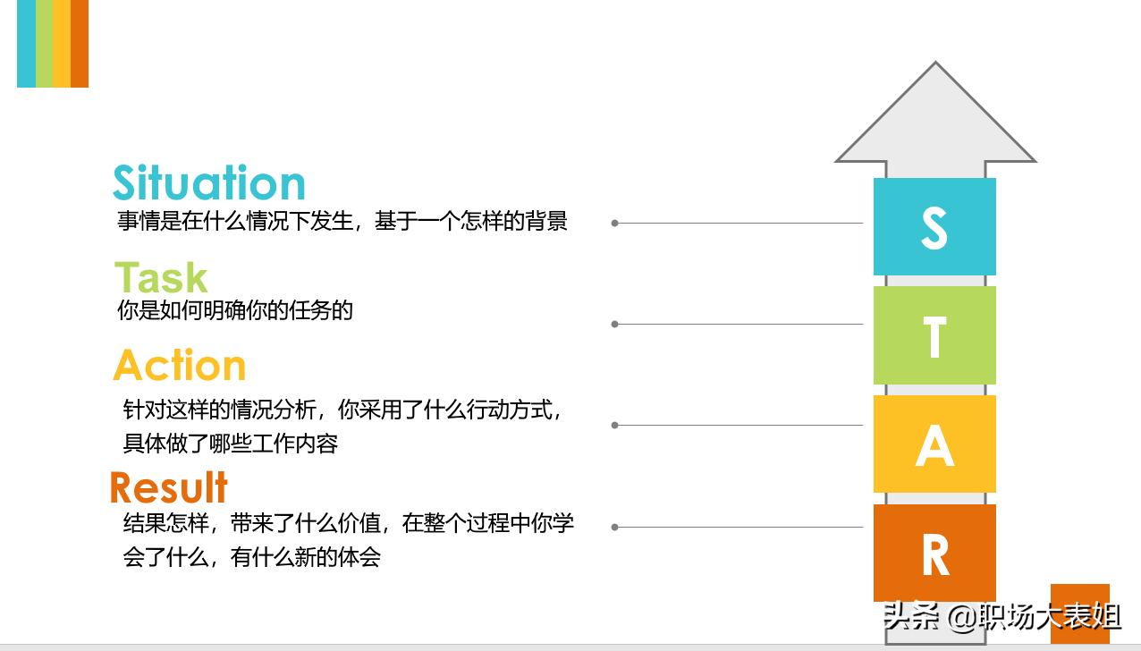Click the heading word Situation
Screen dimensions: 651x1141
(209, 183)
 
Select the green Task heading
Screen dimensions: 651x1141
(161, 277)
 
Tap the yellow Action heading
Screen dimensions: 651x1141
(180, 366)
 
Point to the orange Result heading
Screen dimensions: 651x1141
(169, 488)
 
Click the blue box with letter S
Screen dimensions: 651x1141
(934, 226)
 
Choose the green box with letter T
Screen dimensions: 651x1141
(934, 335)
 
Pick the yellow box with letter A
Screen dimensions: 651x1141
(934, 444)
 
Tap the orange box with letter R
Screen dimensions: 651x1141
(934, 553)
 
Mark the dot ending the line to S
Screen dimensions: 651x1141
(615, 223)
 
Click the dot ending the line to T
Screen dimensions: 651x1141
(615, 324)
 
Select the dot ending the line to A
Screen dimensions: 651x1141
(615, 425)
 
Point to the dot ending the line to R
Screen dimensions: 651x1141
(615, 527)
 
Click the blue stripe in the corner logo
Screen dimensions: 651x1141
(26, 43)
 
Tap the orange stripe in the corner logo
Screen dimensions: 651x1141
(80, 43)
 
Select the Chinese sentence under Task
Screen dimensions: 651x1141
(235, 310)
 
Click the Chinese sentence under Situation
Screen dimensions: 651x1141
(342, 221)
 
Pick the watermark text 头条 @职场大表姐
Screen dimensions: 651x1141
(1002, 616)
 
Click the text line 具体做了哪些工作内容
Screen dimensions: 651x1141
(230, 444)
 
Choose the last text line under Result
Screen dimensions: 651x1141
(252, 557)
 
